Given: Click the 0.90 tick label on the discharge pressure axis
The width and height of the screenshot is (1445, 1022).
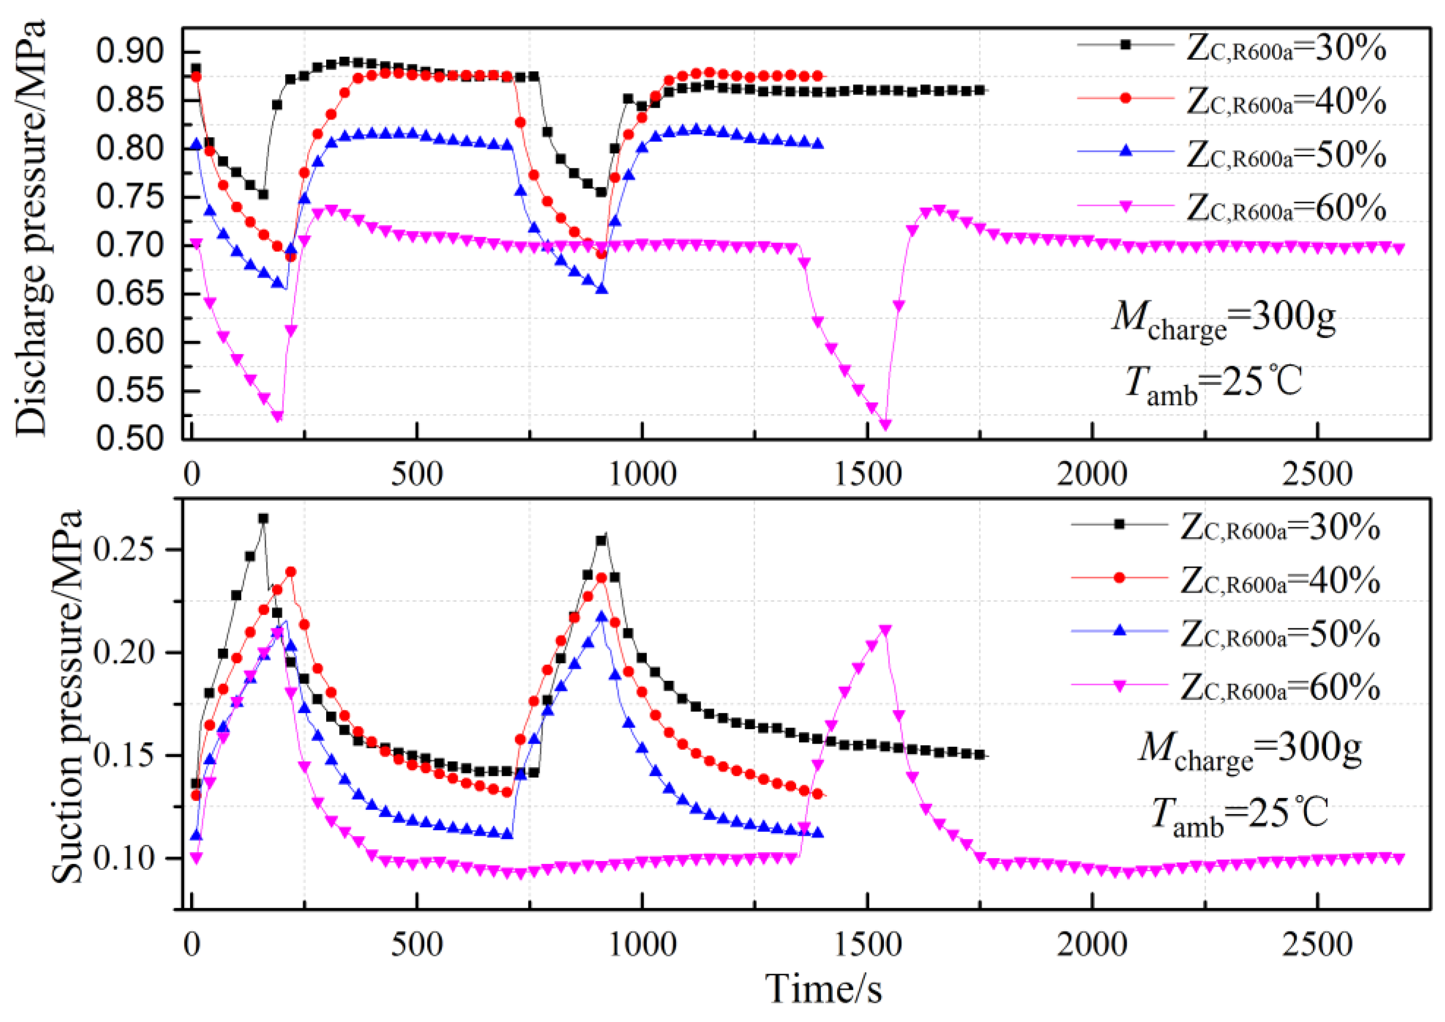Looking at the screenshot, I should tap(130, 52).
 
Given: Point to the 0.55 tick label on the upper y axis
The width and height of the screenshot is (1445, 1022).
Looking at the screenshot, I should tap(130, 390).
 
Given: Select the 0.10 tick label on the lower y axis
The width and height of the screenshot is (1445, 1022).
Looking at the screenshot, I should tap(124, 858).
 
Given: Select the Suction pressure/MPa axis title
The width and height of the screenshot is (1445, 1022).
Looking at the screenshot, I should tap(67, 697).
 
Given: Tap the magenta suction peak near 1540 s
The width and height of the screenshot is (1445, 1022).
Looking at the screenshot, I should tap(885, 630).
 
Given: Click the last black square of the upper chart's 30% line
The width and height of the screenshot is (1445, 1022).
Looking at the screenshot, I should tap(979, 91).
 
